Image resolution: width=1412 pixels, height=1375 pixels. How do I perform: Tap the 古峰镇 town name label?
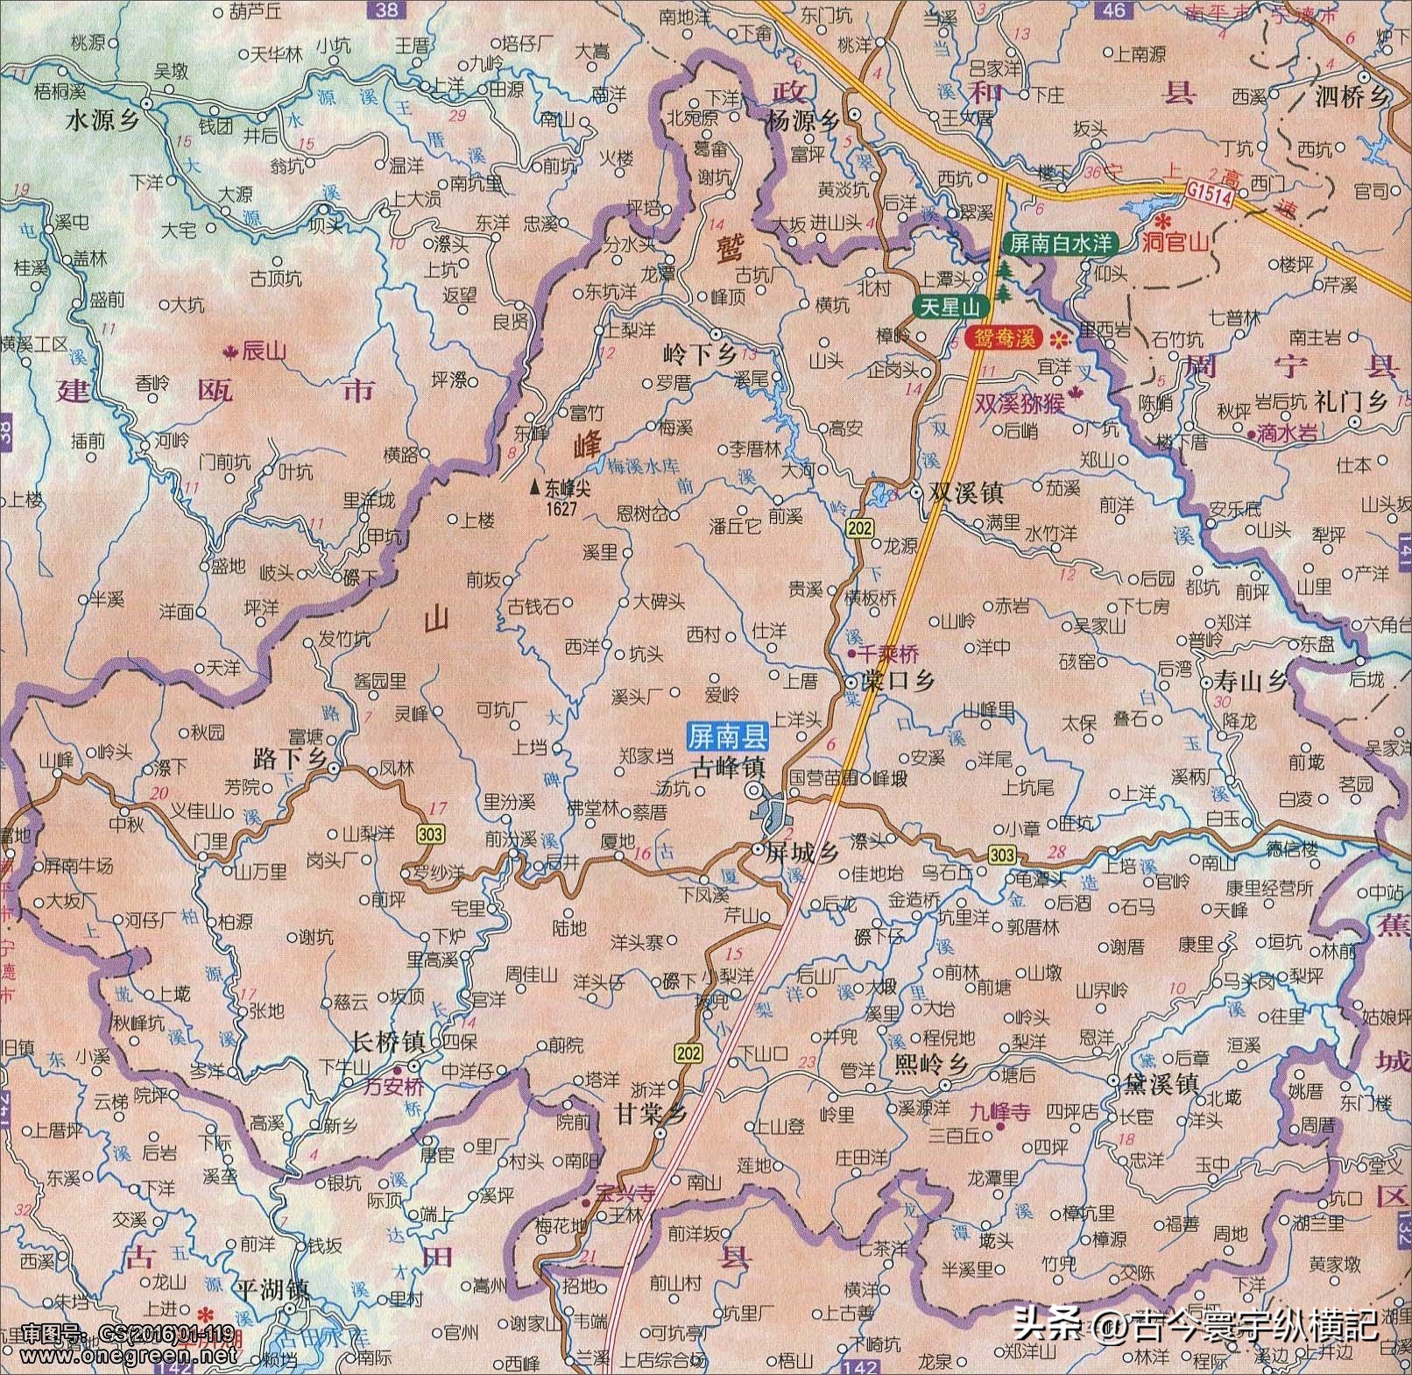pos(729,769)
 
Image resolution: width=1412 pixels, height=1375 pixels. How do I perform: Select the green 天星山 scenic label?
pos(950,307)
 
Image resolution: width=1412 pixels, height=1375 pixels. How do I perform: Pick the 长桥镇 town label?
pos(387,1043)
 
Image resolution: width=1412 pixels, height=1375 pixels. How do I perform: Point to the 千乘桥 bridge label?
pos(888,654)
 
